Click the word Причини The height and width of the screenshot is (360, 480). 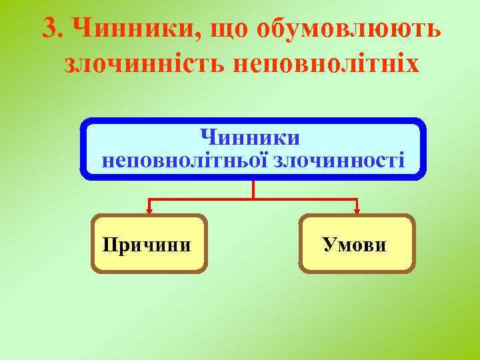tap(147, 245)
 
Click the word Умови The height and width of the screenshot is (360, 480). tap(355, 245)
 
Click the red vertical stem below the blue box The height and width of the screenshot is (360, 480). tap(253, 189)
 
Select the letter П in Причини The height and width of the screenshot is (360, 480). tap(110, 245)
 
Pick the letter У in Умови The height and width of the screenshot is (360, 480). tap(329, 245)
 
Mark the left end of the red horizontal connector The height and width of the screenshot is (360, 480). tap(149, 199)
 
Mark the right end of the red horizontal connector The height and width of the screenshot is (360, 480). tap(357, 199)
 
